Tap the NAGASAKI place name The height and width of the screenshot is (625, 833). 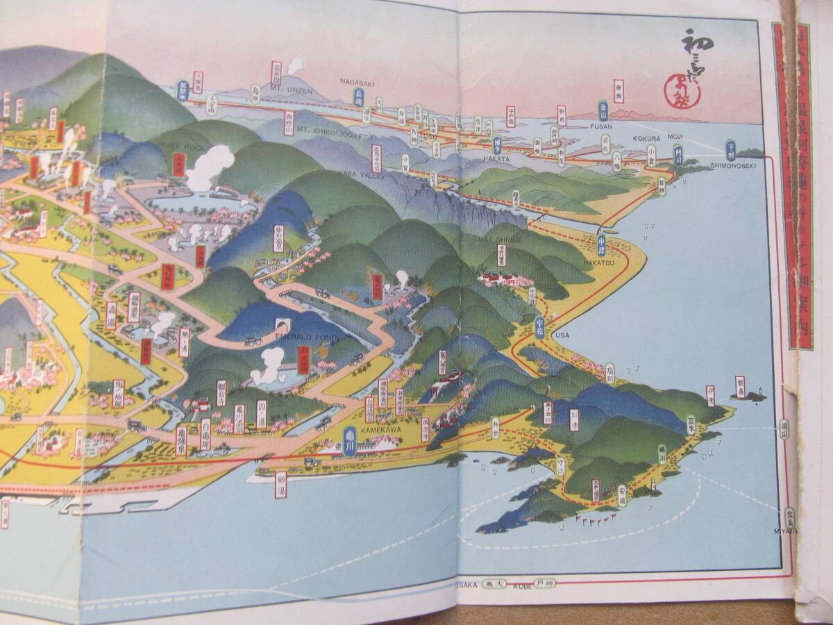click(x=357, y=81)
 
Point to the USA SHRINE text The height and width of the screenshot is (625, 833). click(x=496, y=240)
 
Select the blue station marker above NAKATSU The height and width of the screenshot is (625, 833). click(x=602, y=240)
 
